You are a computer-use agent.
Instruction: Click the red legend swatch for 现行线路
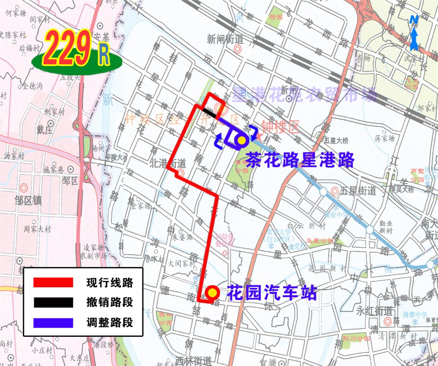click(x=53, y=283)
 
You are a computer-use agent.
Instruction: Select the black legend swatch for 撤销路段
click(x=53, y=302)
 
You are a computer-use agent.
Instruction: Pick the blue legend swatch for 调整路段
click(x=53, y=322)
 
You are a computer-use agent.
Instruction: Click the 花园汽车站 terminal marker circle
click(x=213, y=293)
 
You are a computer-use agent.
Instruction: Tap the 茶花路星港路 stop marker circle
click(x=242, y=140)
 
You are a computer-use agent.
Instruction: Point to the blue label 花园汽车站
click(x=272, y=293)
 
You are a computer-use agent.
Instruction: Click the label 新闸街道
click(x=225, y=39)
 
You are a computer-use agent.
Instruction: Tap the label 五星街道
click(x=358, y=191)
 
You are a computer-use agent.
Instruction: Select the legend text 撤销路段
click(x=109, y=302)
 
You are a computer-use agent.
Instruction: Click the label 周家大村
click(x=37, y=229)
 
